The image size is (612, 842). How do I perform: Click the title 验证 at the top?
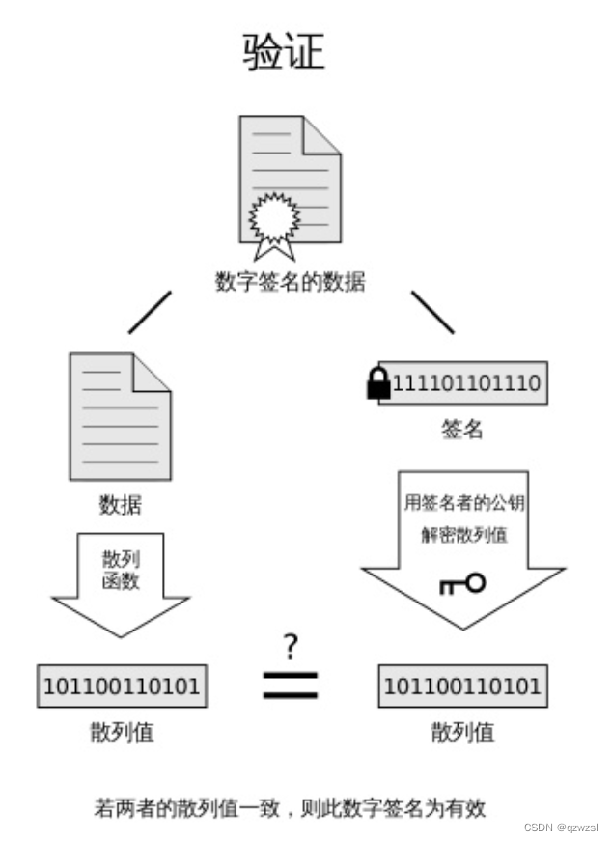click(284, 52)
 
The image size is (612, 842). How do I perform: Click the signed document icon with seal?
click(290, 183)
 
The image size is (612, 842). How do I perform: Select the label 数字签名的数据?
click(290, 282)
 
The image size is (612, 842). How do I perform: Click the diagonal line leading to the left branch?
click(150, 312)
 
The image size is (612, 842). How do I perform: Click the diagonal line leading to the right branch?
click(431, 312)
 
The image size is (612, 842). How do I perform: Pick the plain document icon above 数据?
click(120, 417)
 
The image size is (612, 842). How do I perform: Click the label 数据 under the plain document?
click(120, 504)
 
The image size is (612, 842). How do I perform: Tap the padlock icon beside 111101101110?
click(378, 383)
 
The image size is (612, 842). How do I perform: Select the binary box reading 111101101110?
click(465, 383)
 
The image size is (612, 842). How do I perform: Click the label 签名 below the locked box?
click(462, 430)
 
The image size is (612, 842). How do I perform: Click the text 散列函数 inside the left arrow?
click(121, 570)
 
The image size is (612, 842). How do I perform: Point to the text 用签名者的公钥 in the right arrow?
click(463, 503)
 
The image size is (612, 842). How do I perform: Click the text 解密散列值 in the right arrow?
click(463, 535)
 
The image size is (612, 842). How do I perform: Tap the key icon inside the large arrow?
click(461, 583)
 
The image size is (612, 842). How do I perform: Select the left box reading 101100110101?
click(122, 687)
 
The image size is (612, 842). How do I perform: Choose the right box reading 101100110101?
click(462, 687)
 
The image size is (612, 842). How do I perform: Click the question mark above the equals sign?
click(291, 646)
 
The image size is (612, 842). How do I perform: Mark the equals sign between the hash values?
click(291, 684)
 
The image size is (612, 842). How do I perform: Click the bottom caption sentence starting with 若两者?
click(290, 806)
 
